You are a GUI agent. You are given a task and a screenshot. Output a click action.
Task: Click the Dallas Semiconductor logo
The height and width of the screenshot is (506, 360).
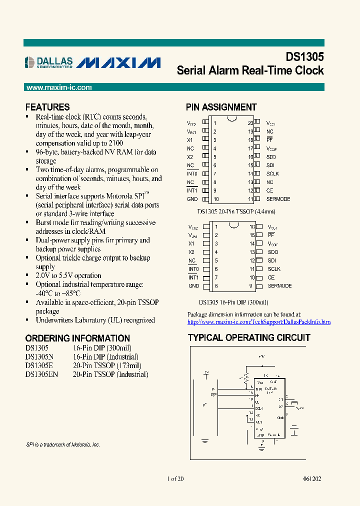click(49, 62)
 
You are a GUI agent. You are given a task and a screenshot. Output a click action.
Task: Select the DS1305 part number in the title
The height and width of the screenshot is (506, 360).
click(304, 56)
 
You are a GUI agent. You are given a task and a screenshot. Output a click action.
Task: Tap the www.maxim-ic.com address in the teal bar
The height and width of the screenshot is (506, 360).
click(59, 87)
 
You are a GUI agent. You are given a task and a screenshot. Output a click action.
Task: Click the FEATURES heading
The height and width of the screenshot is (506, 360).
click(47, 107)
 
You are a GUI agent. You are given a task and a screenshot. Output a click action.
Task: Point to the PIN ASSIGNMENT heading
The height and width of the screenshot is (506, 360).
click(221, 107)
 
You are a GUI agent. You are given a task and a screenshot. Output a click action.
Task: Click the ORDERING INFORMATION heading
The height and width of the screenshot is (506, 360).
click(77, 338)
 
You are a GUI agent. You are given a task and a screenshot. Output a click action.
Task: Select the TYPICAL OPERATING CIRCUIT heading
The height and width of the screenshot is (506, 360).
click(249, 337)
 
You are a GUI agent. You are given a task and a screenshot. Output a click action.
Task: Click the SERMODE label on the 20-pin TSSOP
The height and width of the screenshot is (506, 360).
click(278, 199)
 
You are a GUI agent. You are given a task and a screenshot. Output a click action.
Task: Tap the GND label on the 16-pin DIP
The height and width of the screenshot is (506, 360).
click(193, 286)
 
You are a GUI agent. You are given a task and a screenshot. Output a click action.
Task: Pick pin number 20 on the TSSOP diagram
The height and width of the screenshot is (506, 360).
click(250, 123)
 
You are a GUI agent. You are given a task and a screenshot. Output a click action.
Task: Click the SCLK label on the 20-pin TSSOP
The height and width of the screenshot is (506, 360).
click(272, 173)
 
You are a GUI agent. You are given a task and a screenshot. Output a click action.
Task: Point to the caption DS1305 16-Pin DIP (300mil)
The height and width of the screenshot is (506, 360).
click(233, 302)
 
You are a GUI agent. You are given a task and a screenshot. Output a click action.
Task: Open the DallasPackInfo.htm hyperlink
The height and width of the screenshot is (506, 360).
click(259, 322)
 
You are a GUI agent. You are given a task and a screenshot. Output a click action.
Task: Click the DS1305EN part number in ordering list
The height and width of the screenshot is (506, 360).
click(41, 374)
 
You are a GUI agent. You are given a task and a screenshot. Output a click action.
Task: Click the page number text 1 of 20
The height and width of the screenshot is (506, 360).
click(175, 479)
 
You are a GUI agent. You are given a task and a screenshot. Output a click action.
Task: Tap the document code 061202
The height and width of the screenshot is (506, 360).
click(311, 479)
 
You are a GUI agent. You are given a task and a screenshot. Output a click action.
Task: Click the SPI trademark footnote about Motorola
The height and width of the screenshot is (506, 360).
click(62, 444)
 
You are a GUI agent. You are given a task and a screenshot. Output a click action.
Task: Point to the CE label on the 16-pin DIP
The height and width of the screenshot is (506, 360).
click(271, 277)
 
